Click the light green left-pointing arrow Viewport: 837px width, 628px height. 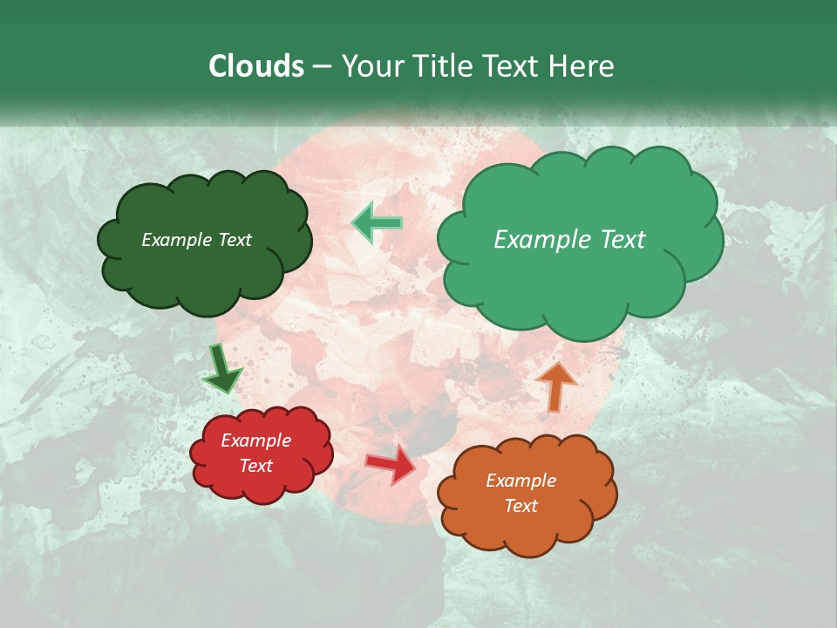(x=378, y=223)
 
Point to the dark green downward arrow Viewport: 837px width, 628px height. (x=221, y=370)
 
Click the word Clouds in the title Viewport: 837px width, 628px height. (x=256, y=66)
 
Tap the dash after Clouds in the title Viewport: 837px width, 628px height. (x=322, y=67)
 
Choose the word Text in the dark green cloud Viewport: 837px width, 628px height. (x=235, y=240)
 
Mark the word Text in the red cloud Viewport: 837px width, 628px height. (x=256, y=466)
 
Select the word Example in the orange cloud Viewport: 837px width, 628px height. (x=521, y=481)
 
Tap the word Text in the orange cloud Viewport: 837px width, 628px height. (x=521, y=506)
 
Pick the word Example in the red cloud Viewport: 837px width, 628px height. (x=256, y=440)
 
